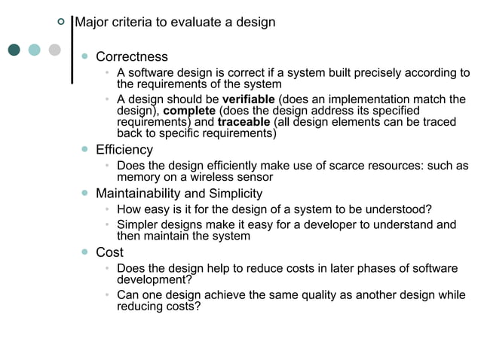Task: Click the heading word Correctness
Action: [131, 57]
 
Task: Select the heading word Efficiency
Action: [124, 150]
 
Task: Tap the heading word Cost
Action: [109, 252]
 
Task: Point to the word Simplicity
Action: [234, 194]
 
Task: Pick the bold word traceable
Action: [244, 122]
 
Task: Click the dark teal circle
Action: [14, 50]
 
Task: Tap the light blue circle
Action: [34, 50]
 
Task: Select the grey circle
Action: [54, 50]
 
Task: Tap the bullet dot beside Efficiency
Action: [85, 150]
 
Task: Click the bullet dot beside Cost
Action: [85, 252]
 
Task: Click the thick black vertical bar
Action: [72, 47]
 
